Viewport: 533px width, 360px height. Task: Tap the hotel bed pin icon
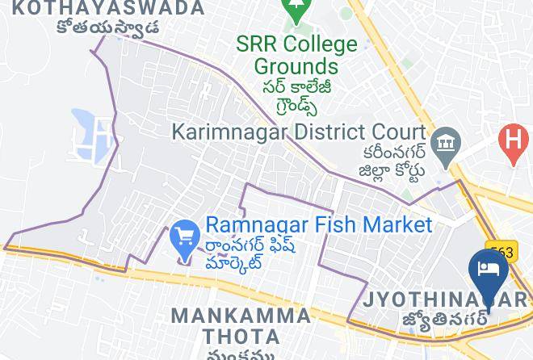pyautogui.click(x=489, y=269)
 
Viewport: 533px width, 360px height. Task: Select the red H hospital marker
pyautogui.click(x=514, y=141)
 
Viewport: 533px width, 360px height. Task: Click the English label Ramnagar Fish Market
pyautogui.click(x=319, y=224)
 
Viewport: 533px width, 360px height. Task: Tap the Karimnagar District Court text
pyautogui.click(x=299, y=131)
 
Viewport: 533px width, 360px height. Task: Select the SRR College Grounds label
pyautogui.click(x=296, y=55)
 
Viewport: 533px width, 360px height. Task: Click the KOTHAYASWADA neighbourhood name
pyautogui.click(x=110, y=8)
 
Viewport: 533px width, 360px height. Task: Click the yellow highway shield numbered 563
pyautogui.click(x=501, y=253)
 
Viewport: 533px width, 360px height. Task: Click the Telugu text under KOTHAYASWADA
pyautogui.click(x=107, y=27)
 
